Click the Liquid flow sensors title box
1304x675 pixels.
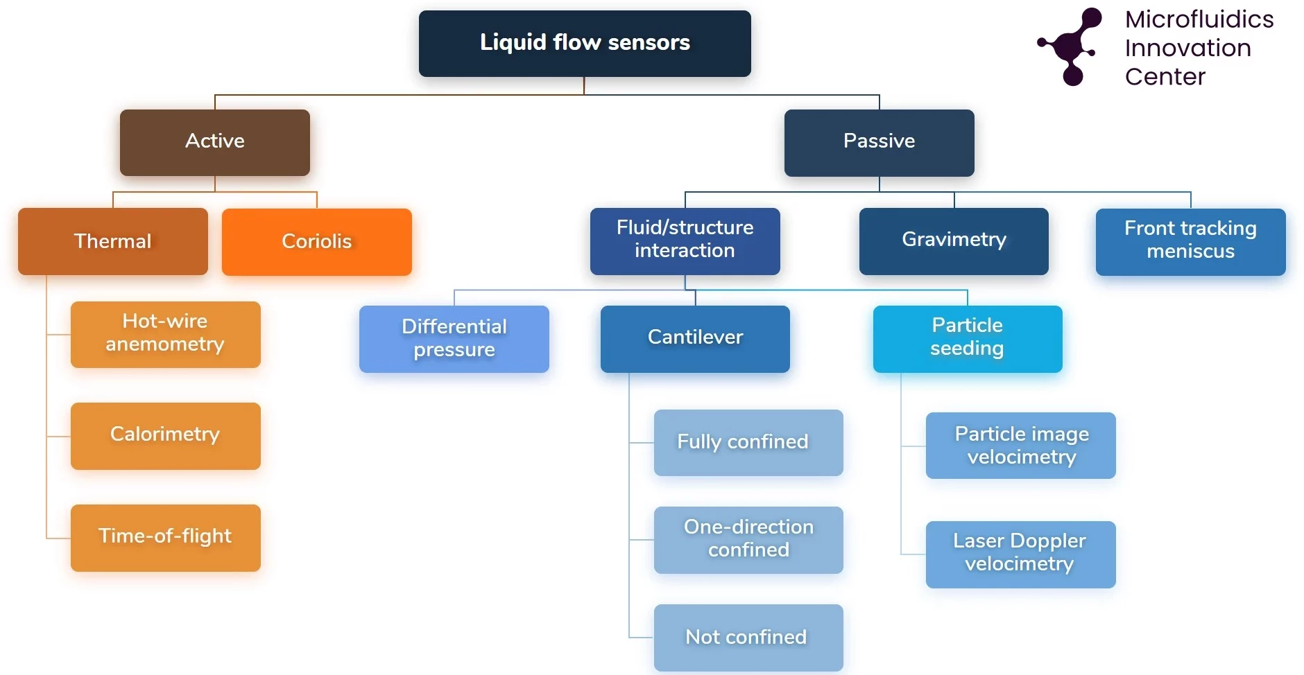click(585, 43)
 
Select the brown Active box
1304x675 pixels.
click(215, 141)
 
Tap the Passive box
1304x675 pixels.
click(879, 142)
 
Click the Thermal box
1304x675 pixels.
click(112, 241)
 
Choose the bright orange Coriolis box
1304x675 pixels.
click(317, 241)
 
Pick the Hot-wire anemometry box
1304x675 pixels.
click(165, 334)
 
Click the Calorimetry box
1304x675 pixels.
click(165, 435)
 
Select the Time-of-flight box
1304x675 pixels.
click(165, 537)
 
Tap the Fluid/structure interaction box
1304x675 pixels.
click(685, 240)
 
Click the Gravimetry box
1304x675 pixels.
click(954, 240)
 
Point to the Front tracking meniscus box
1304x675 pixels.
click(1190, 241)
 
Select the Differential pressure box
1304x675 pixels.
click(454, 339)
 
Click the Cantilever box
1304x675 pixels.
click(695, 338)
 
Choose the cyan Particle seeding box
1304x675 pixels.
click(968, 338)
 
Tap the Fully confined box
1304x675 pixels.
click(748, 442)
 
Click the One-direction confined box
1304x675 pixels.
click(748, 539)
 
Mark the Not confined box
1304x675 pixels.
click(748, 637)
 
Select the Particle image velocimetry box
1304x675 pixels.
click(1020, 445)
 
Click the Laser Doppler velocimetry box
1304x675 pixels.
click(1020, 554)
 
